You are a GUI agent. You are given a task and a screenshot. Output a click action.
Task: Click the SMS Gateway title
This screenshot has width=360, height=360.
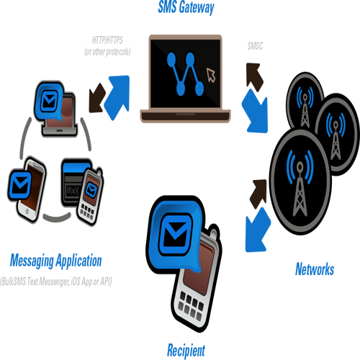[x=186, y=7]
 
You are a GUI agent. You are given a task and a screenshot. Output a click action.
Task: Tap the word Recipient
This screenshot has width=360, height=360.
[x=186, y=351]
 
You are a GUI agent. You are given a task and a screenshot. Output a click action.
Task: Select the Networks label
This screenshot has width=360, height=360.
[x=315, y=269]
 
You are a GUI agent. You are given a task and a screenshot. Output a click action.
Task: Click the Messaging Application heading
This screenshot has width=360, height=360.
[x=56, y=261]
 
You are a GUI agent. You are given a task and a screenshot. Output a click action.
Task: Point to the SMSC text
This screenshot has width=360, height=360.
[x=255, y=45]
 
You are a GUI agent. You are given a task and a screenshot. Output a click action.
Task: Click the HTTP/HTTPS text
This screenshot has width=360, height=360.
[x=107, y=40]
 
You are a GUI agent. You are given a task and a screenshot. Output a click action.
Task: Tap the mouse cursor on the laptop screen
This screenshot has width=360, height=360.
[x=211, y=75]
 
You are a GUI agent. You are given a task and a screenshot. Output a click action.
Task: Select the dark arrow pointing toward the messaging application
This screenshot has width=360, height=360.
[x=96, y=99]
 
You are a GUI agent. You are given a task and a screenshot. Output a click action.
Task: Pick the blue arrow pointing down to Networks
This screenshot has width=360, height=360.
[x=256, y=112]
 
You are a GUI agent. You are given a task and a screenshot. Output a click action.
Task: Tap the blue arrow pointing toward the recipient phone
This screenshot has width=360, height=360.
[x=257, y=230]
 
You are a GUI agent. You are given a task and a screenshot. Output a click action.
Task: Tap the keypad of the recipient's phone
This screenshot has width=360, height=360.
[x=191, y=306]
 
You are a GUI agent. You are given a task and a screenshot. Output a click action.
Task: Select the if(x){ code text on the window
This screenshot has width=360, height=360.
[x=73, y=191]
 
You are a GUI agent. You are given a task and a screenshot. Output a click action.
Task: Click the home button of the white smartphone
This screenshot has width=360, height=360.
[x=27, y=212]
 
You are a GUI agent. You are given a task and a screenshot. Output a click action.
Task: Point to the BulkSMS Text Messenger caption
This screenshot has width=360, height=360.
[x=56, y=282]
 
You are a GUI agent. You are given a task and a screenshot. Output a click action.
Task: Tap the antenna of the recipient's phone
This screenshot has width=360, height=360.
[x=215, y=233]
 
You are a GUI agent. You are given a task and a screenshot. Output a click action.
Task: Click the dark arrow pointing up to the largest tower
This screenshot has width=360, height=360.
[x=258, y=193]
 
